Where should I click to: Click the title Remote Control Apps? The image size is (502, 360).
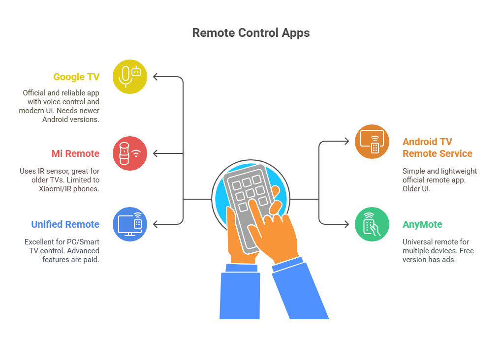click(251, 33)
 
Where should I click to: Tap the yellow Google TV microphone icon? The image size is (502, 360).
click(129, 77)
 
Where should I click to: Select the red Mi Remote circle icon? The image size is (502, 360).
click(129, 153)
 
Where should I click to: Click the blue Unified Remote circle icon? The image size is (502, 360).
click(129, 224)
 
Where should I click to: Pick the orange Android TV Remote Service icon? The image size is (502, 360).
click(372, 142)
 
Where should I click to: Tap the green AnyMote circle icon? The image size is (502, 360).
click(372, 224)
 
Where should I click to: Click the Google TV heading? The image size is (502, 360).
click(76, 77)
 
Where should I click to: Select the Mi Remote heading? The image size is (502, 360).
click(76, 153)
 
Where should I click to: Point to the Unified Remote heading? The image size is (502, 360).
click(65, 224)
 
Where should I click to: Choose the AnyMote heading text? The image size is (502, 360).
click(422, 225)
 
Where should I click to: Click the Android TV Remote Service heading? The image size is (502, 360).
click(438, 148)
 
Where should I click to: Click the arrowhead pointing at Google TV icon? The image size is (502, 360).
click(156, 77)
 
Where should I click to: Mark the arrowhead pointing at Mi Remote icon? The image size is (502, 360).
click(156, 153)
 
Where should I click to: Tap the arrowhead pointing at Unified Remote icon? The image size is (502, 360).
click(156, 224)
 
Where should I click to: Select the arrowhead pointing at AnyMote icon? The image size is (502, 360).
click(346, 224)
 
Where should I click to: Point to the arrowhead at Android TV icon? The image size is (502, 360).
click(346, 141)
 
